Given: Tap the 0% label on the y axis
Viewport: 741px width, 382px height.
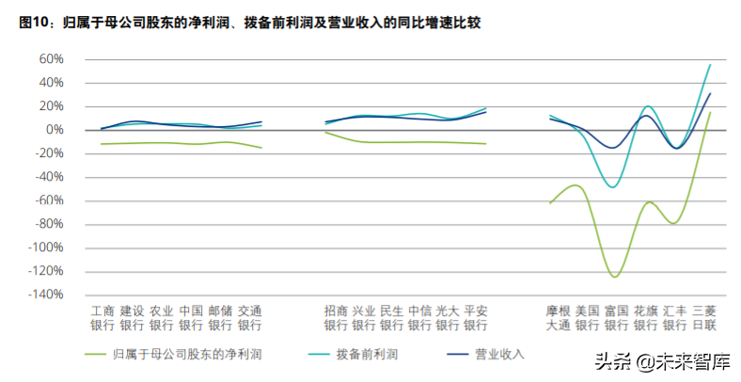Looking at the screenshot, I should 53,130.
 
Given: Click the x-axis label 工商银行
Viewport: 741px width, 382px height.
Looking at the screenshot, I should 102,318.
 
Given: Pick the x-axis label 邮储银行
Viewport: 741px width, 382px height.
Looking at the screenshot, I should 220,318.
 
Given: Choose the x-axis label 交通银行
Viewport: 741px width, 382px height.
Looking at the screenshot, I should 249,318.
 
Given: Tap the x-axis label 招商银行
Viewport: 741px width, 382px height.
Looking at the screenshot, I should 336,318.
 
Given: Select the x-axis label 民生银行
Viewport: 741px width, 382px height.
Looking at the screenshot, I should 392,318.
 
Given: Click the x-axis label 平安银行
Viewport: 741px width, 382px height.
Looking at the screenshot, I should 476,318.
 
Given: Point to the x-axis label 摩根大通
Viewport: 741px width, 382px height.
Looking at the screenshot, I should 559,318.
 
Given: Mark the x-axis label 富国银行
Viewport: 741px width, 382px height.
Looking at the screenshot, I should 616,318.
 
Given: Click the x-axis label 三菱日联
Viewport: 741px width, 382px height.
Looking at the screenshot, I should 704,318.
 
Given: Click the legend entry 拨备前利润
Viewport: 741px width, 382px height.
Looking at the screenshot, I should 367,355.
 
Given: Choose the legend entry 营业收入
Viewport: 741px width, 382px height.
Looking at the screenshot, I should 499,355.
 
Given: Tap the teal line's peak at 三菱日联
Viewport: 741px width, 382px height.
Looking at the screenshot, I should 710,64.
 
